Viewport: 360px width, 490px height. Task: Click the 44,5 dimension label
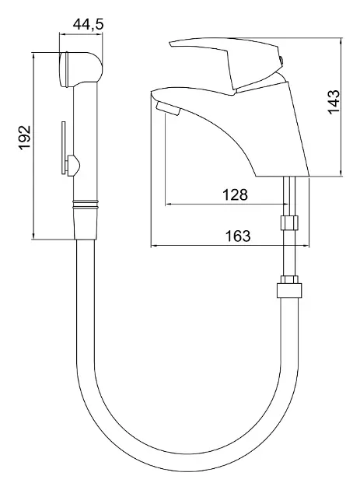(x=88, y=24)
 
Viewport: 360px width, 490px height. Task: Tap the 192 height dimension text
(x=25, y=138)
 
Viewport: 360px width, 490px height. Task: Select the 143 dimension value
(x=334, y=102)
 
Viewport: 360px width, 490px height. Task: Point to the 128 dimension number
(x=235, y=194)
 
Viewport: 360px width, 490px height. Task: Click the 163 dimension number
(x=238, y=236)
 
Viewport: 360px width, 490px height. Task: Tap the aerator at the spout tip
(x=167, y=108)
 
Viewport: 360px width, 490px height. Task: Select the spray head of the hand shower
(x=80, y=68)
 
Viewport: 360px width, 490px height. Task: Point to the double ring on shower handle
(x=86, y=205)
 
